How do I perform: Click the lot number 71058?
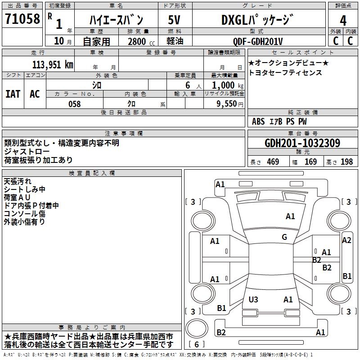[22, 19]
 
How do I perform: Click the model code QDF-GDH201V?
[258, 41]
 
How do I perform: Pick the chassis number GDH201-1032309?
[302, 143]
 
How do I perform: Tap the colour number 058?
[74, 104]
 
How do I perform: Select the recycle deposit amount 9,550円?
[230, 103]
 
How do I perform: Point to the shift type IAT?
[13, 94]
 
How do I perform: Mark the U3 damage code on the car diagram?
[253, 299]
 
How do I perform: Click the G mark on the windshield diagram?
[284, 237]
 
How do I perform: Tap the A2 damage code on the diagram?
[346, 240]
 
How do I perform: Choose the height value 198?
[346, 162]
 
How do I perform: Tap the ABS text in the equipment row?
[258, 121]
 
